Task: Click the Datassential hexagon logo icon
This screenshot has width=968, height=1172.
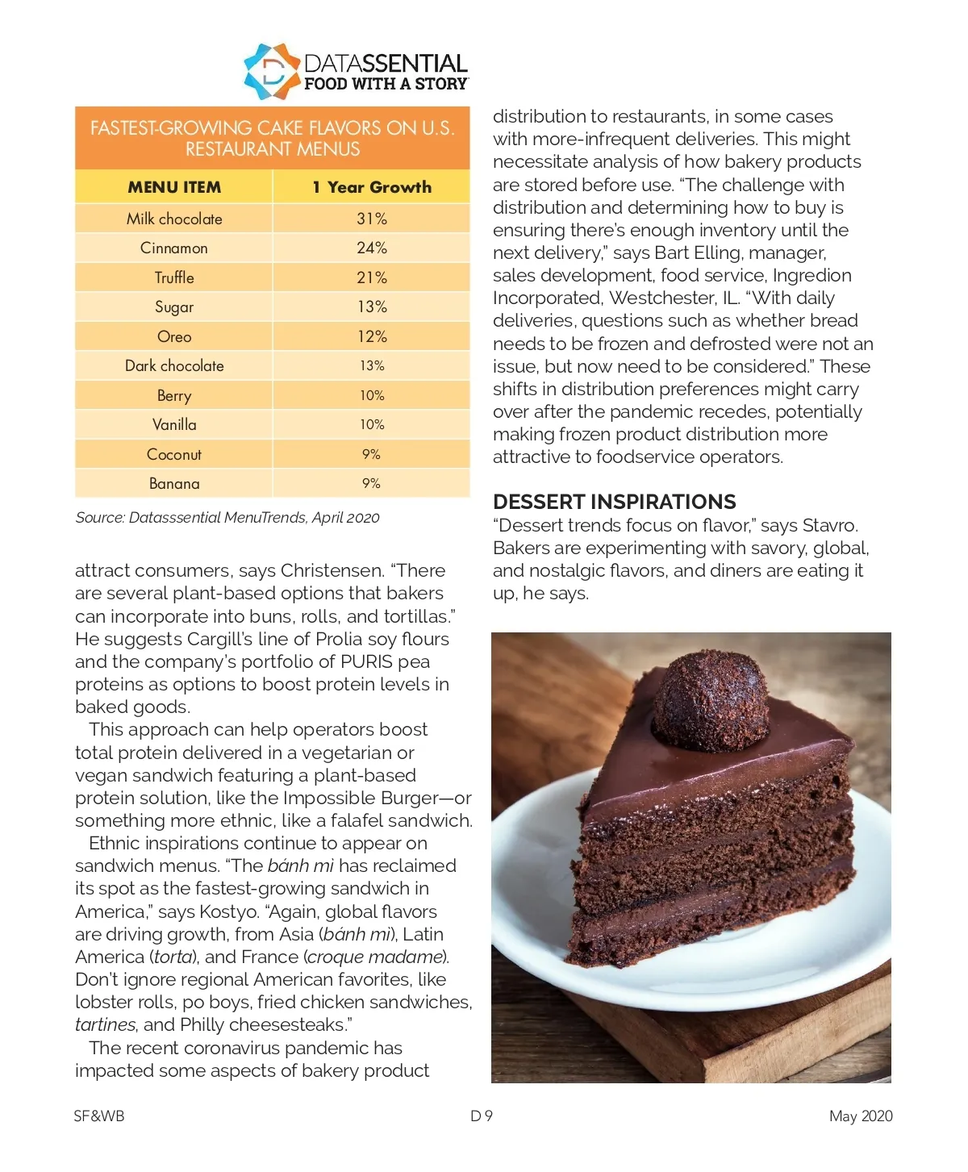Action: pos(272,72)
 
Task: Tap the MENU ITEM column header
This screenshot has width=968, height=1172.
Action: pos(174,187)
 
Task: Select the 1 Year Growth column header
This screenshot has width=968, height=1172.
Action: pos(372,187)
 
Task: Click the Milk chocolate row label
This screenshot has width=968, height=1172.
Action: pos(174,219)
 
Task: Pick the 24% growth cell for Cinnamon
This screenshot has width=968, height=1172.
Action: pos(372,248)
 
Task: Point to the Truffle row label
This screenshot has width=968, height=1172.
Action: pos(174,277)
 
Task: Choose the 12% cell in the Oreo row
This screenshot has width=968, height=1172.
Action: pos(372,336)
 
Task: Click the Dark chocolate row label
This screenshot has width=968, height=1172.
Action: pos(174,365)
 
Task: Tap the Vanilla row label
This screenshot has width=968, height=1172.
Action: pos(174,424)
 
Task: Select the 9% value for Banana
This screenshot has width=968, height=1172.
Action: pos(371,483)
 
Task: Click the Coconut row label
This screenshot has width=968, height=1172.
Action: pos(174,454)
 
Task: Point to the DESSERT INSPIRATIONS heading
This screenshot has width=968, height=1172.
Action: pos(614,502)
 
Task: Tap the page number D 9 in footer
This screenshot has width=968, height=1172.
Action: pos(482,1116)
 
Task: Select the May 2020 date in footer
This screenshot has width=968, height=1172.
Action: pos(861,1116)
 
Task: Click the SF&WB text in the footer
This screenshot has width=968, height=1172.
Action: pos(99,1116)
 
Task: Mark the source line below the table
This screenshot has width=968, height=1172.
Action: pos(227,518)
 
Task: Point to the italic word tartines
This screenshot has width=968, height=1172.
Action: pos(105,1024)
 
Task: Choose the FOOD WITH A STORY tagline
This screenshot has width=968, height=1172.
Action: pos(386,84)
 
